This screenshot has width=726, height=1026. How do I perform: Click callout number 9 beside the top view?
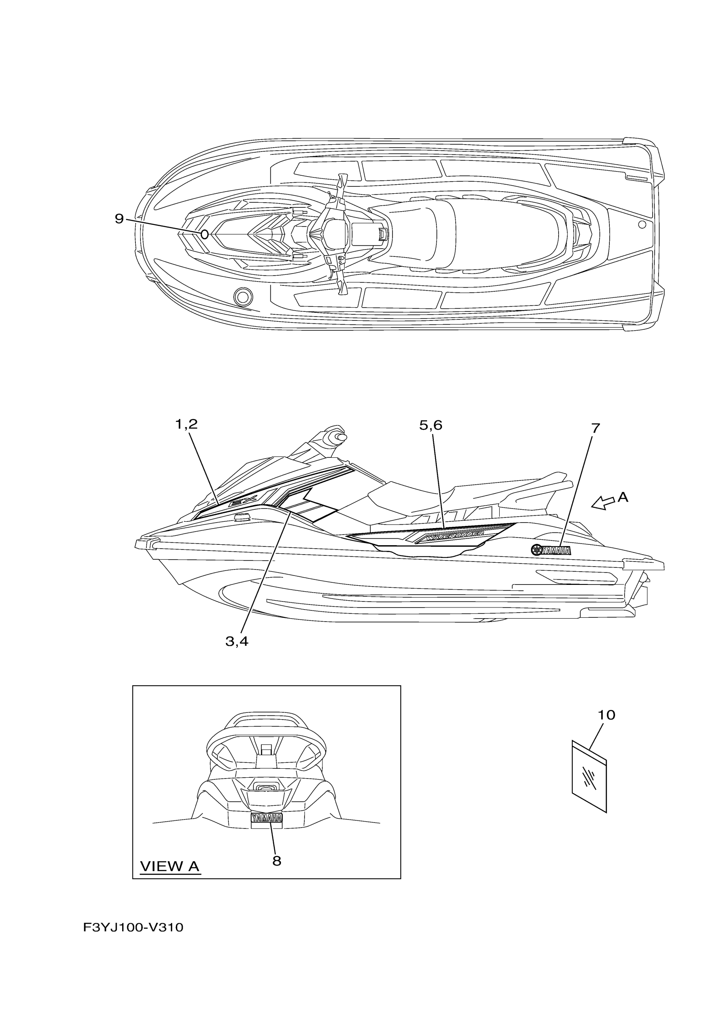119,219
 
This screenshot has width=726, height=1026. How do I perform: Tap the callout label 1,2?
186,424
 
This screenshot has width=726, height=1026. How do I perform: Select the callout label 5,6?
430,425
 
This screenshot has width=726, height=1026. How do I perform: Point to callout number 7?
595,428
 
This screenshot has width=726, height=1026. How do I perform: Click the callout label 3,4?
237,642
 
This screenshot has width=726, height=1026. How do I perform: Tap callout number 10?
606,715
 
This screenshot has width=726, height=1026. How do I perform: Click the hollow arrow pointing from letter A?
603,503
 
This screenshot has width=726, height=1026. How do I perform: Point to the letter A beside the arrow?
623,497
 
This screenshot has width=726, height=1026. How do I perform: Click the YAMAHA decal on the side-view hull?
551,550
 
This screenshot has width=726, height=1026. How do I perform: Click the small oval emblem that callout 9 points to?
205,235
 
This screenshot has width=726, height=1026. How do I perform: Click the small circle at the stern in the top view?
642,224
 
